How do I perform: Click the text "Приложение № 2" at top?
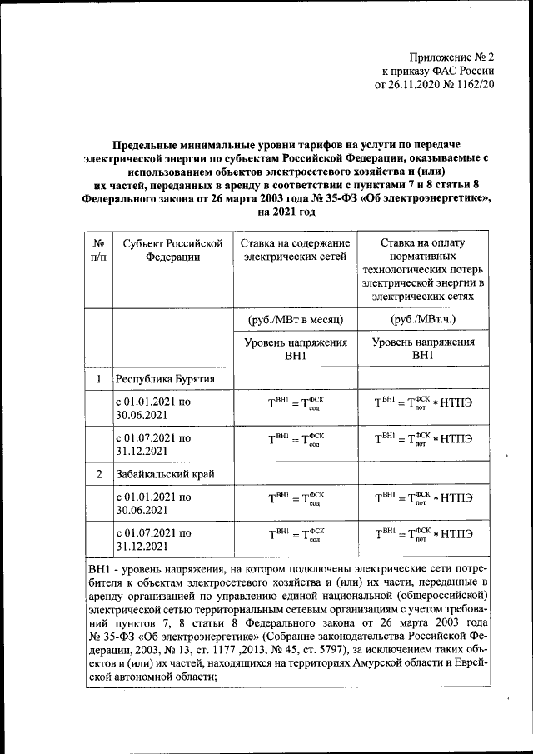pyautogui.click(x=452, y=57)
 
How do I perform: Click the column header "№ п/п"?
pyautogui.click(x=99, y=250)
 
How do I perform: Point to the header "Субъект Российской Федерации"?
pyautogui.click(x=172, y=250)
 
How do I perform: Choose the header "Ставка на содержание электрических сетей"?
pyautogui.click(x=295, y=250)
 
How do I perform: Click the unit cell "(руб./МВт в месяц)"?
pyautogui.click(x=295, y=320)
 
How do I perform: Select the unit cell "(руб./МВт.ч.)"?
pyautogui.click(x=422, y=320)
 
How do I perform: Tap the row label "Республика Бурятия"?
pyautogui.click(x=166, y=379)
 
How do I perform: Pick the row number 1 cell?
pyautogui.click(x=99, y=379)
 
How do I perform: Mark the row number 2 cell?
pyautogui.click(x=99, y=474)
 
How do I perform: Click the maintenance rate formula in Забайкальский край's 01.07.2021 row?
pyautogui.click(x=295, y=535)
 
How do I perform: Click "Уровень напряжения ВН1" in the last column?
pyautogui.click(x=422, y=348)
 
